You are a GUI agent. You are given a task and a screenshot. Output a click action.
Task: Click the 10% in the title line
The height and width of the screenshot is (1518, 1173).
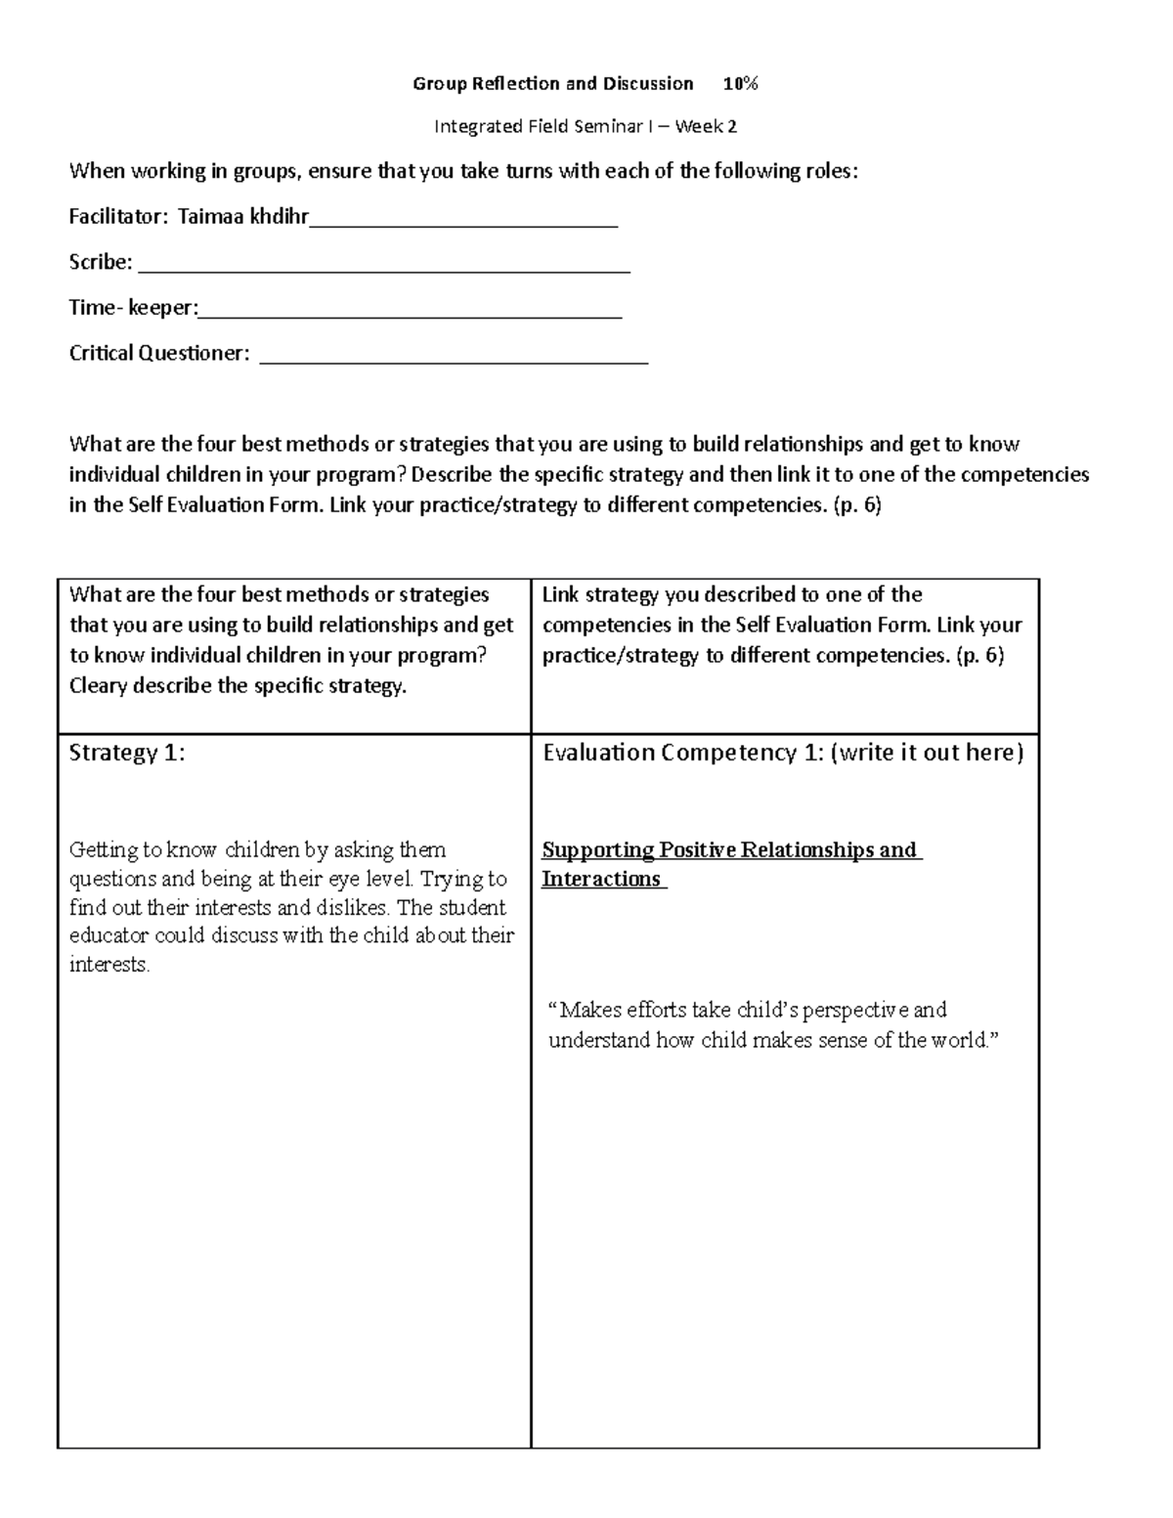coord(740,84)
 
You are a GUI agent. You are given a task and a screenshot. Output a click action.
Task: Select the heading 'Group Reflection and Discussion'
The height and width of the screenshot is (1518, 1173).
coord(552,84)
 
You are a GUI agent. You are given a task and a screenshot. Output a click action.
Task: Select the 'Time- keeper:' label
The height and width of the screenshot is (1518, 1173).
coord(133,308)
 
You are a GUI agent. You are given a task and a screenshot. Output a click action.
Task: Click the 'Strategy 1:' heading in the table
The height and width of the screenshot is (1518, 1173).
coord(127,753)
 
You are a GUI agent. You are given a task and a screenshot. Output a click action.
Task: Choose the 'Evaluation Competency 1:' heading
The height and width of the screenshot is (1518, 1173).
coord(683,753)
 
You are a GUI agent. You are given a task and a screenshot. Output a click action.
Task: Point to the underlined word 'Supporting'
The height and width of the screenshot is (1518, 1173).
coord(597,849)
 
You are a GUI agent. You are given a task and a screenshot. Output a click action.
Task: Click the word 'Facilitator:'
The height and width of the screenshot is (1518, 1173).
coord(118,217)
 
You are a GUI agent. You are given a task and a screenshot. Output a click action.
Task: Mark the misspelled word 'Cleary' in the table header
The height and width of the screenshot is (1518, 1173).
coord(98,686)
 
